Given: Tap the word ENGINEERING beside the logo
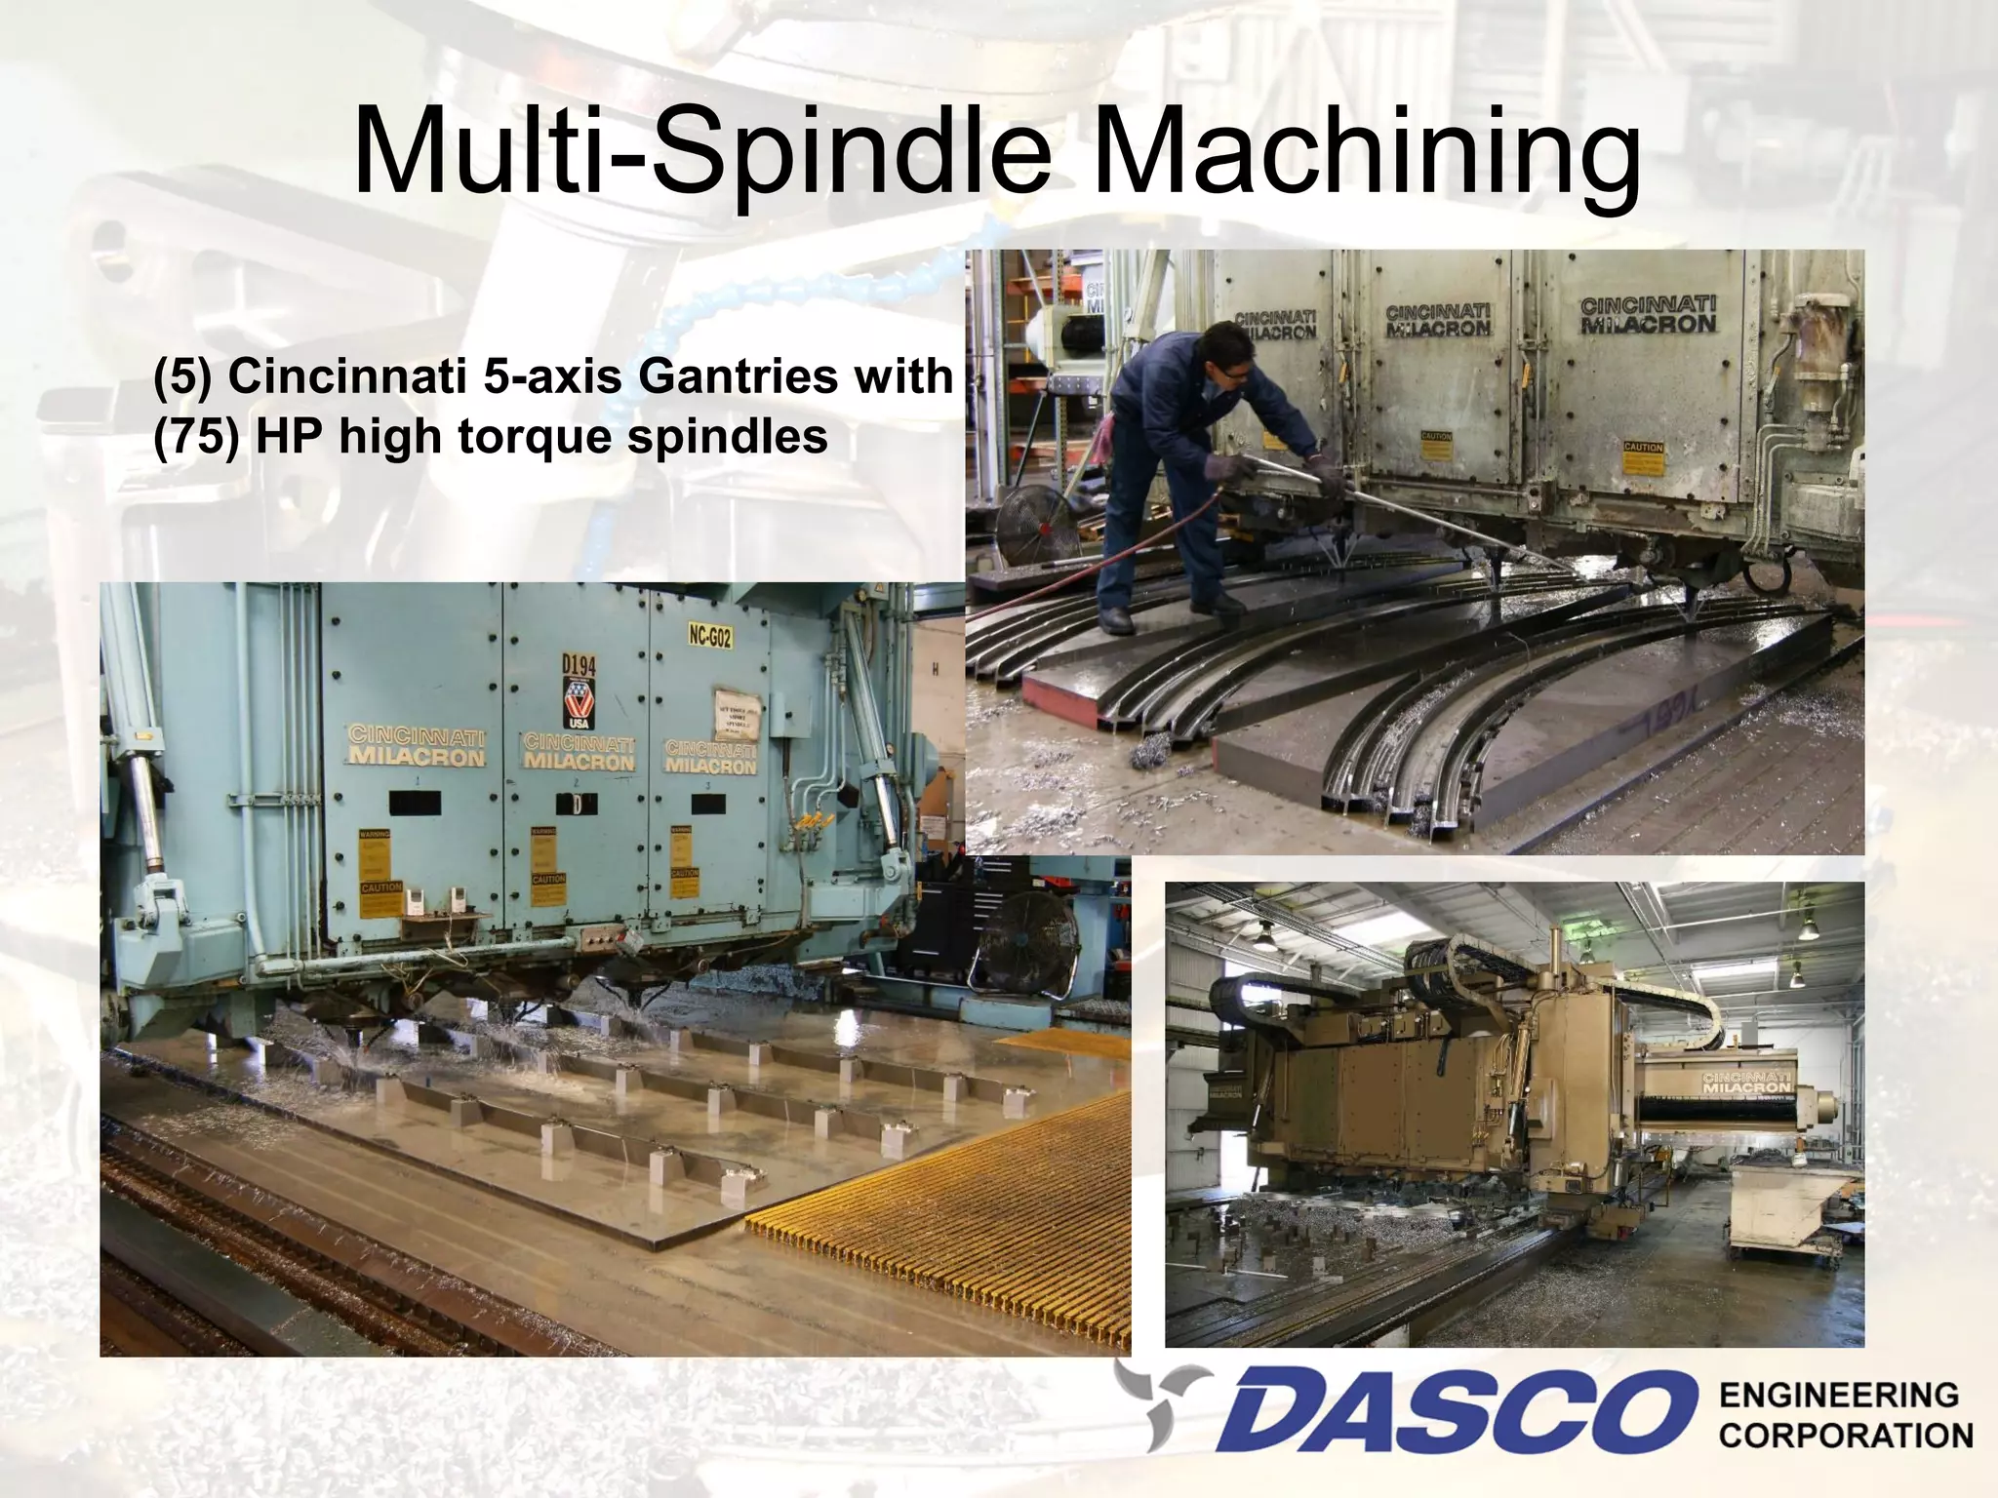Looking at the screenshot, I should click(1838, 1396).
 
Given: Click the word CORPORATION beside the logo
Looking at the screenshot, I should click(1846, 1437).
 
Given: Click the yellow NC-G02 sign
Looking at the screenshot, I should click(709, 637).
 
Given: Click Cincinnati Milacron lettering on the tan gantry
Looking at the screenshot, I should click(1746, 1083).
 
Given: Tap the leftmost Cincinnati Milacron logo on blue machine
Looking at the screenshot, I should click(417, 746).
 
